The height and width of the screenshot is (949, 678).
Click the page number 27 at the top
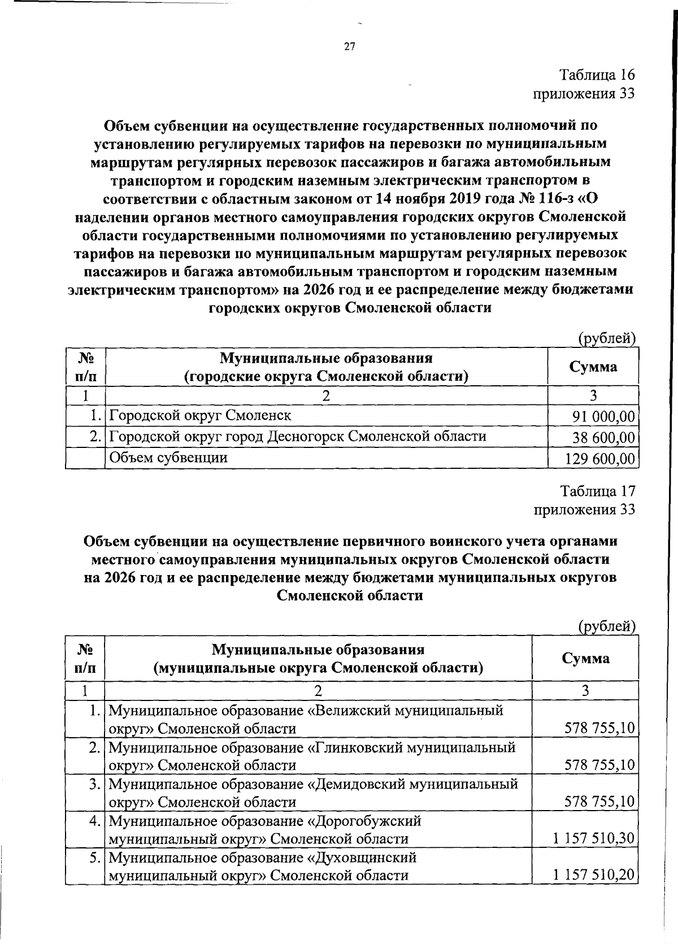pyautogui.click(x=349, y=47)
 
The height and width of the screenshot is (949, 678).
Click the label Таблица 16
pyautogui.click(x=597, y=75)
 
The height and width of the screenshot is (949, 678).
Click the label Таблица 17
pyautogui.click(x=597, y=490)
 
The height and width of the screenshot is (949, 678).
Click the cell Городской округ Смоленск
pyautogui.click(x=200, y=416)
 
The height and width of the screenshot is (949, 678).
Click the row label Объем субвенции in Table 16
pyautogui.click(x=168, y=457)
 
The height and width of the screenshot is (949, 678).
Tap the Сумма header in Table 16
pyautogui.click(x=593, y=367)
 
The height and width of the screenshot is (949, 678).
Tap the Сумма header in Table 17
pyautogui.click(x=585, y=658)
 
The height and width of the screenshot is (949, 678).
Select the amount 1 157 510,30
pyautogui.click(x=594, y=838)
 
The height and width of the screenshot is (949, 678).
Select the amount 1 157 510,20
pyautogui.click(x=594, y=876)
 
